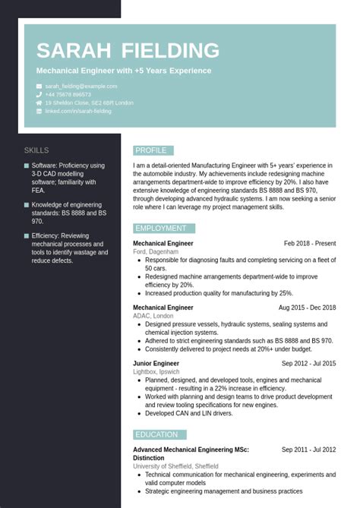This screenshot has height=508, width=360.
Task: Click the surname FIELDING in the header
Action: [170, 51]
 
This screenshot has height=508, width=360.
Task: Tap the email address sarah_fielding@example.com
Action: [81, 87]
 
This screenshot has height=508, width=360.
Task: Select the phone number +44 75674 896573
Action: [73, 95]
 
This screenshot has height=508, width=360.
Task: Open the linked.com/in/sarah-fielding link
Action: [77, 111]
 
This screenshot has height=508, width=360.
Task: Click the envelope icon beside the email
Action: [39, 87]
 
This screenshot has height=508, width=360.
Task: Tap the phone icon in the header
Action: [39, 95]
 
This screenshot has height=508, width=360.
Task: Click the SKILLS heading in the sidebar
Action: [36, 150]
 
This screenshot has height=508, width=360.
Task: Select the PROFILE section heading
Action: [151, 150]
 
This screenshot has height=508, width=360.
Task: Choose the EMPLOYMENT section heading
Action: [161, 228]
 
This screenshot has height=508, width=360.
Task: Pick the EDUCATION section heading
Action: [157, 434]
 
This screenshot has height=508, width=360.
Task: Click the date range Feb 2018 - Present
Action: [309, 244]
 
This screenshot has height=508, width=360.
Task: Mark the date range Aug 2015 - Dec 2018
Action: [307, 308]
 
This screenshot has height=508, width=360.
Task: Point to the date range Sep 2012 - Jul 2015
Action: [308, 364]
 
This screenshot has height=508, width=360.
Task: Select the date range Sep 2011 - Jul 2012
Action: [308, 450]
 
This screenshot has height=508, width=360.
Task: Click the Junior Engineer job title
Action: [156, 364]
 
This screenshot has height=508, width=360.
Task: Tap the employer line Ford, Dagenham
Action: [156, 251]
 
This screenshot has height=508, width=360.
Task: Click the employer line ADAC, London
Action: [153, 316]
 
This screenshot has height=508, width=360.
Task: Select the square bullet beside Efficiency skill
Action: [27, 236]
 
